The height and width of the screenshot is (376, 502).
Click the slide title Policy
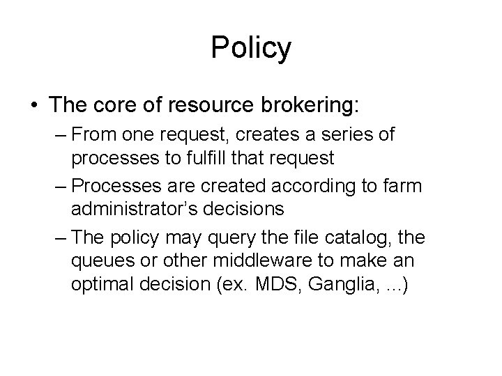(251, 49)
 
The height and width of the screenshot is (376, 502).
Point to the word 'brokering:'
(314, 106)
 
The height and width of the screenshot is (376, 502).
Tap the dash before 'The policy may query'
(59, 238)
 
